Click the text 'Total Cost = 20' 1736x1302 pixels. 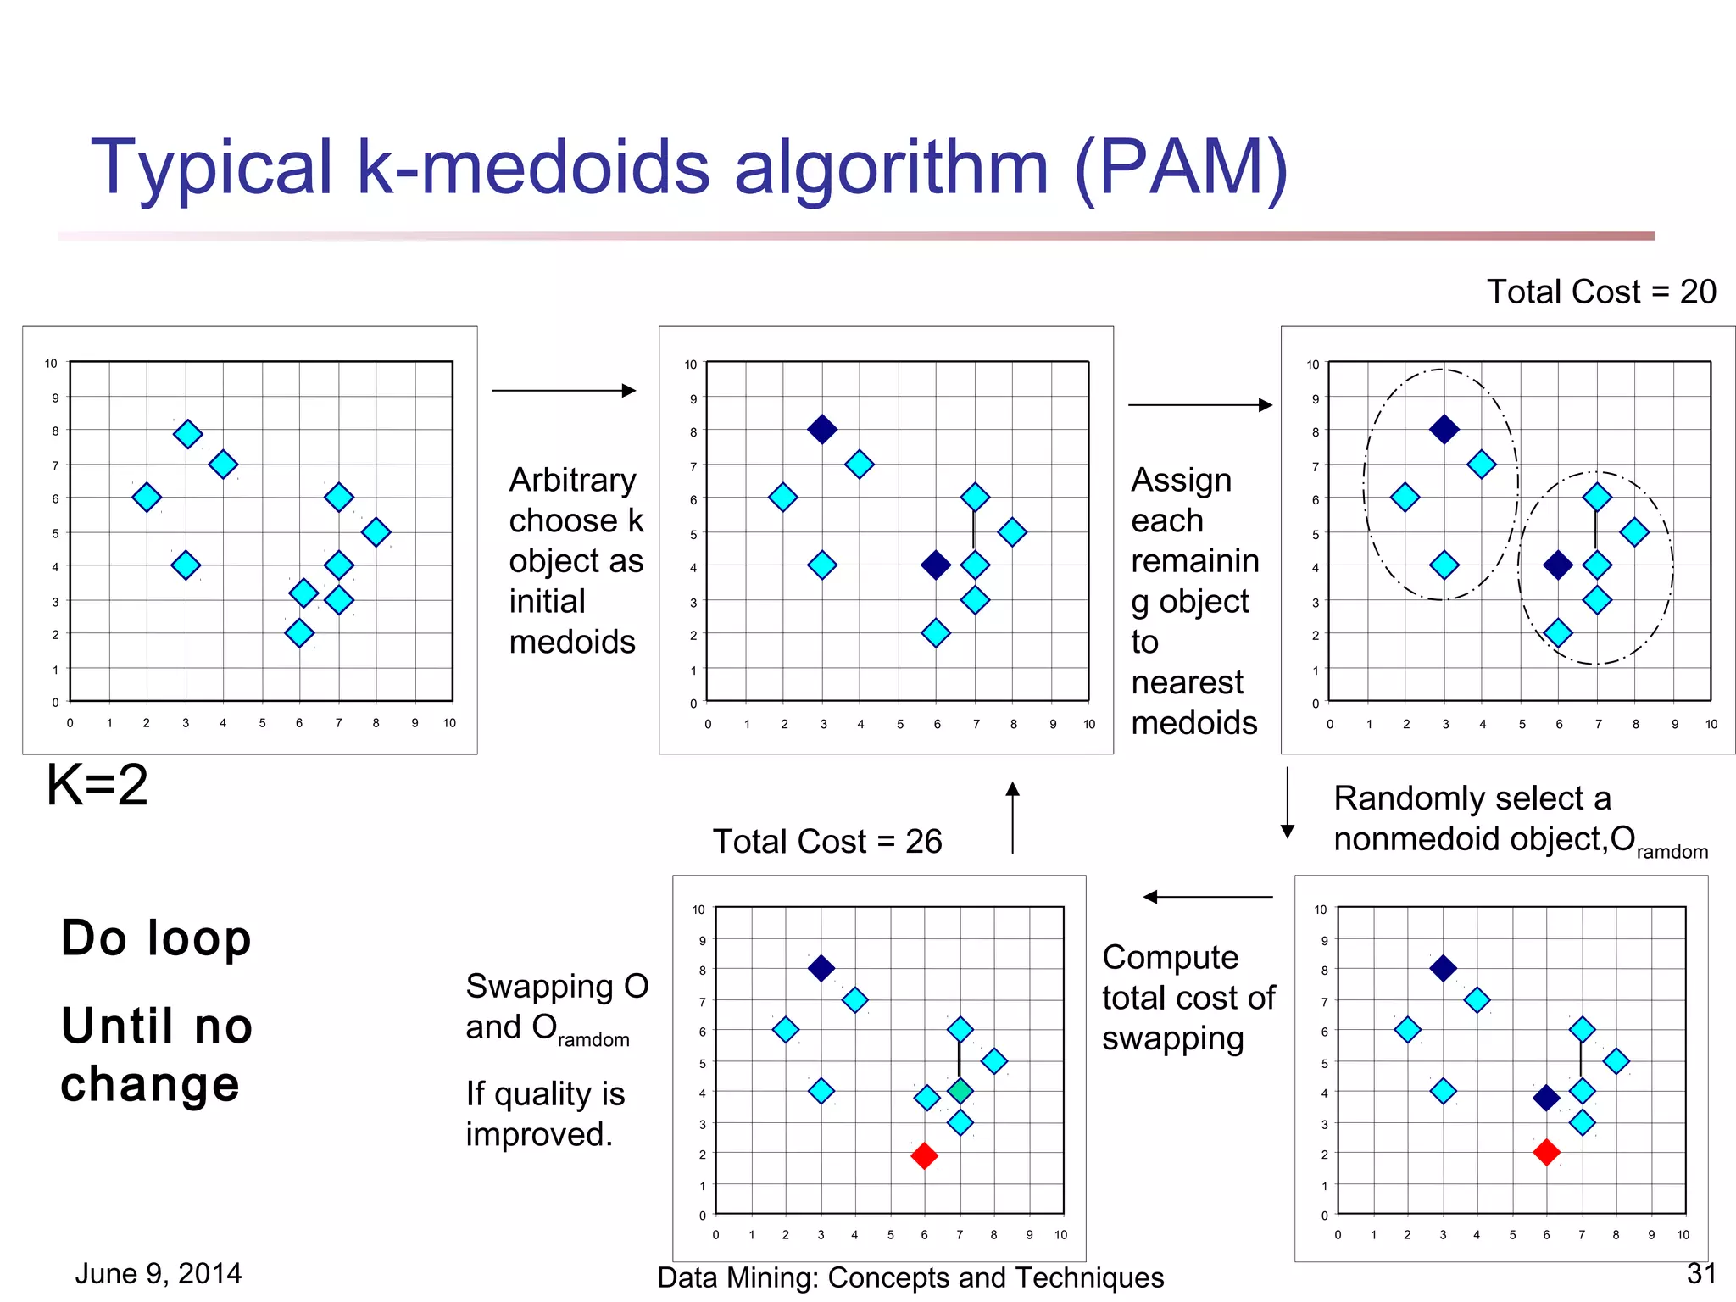1600,292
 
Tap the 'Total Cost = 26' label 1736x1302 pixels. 826,842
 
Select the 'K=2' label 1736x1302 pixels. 97,784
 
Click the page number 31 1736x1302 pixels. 1701,1273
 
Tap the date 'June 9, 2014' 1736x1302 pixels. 159,1273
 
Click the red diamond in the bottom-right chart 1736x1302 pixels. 1546,1152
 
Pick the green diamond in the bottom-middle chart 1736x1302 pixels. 960,1091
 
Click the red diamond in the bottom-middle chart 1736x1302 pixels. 924,1155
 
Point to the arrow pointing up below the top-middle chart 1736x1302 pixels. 1012,816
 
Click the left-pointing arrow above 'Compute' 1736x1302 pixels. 1207,897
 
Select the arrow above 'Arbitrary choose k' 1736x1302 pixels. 564,391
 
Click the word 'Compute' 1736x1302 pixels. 1170,958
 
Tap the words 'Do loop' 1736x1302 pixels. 157,938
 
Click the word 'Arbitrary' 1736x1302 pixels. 572,481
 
